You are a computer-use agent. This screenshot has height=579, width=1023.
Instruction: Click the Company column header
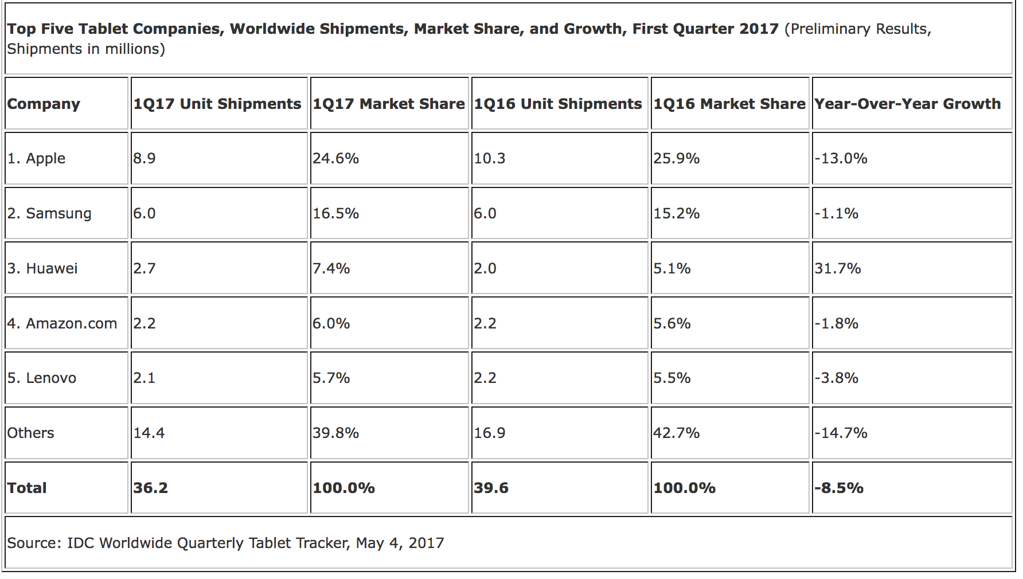[x=44, y=104]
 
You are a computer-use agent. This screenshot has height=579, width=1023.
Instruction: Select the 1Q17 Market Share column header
[x=388, y=104]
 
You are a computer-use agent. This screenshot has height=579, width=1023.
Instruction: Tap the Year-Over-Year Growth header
[x=907, y=104]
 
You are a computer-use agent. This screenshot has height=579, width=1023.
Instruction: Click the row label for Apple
[x=36, y=158]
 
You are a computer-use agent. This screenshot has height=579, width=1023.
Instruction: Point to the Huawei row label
[x=42, y=268]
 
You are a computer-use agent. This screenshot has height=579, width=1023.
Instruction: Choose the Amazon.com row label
[x=62, y=323]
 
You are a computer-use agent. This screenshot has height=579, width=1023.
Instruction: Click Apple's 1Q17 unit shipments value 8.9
[x=145, y=158]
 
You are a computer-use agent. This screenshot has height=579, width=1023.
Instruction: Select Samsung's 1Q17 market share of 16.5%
[x=335, y=213]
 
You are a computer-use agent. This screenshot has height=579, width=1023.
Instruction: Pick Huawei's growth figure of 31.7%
[x=837, y=268]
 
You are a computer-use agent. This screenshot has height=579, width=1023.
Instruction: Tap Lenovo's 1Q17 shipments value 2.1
[x=144, y=378]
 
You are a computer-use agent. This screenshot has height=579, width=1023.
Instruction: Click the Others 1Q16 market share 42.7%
[x=676, y=433]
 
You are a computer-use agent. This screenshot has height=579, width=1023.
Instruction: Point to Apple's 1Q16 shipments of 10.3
[x=489, y=158]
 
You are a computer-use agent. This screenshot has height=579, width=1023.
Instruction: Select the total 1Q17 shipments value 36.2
[x=150, y=488]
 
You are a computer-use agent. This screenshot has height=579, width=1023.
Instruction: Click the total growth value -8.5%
[x=838, y=488]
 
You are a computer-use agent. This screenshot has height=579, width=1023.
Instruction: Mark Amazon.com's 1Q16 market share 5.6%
[x=671, y=323]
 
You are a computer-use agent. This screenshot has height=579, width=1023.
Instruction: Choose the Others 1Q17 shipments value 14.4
[x=149, y=433]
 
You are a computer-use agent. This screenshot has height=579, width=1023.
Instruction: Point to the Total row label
[x=27, y=488]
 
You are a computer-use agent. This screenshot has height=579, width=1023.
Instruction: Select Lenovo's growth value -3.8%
[x=836, y=378]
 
